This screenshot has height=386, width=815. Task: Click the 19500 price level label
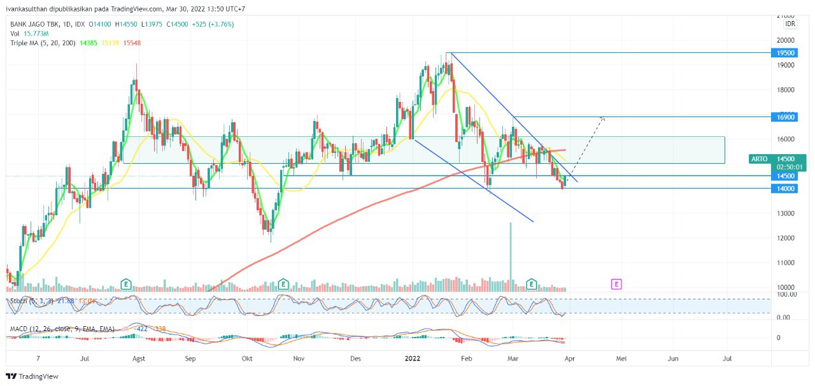tap(786, 53)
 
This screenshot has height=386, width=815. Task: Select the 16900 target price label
tap(786, 117)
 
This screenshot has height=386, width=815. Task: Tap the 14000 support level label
tap(786, 189)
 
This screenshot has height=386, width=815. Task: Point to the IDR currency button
tap(790, 24)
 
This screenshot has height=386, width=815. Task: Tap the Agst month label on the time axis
tap(139, 359)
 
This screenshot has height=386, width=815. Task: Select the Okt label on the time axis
tap(247, 359)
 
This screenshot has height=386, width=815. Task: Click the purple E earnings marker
tap(616, 283)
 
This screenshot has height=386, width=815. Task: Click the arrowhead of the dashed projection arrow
tap(602, 118)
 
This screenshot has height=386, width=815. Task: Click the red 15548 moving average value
tap(132, 43)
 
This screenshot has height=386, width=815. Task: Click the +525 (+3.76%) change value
tap(213, 24)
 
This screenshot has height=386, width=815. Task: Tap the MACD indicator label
tap(20, 329)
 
